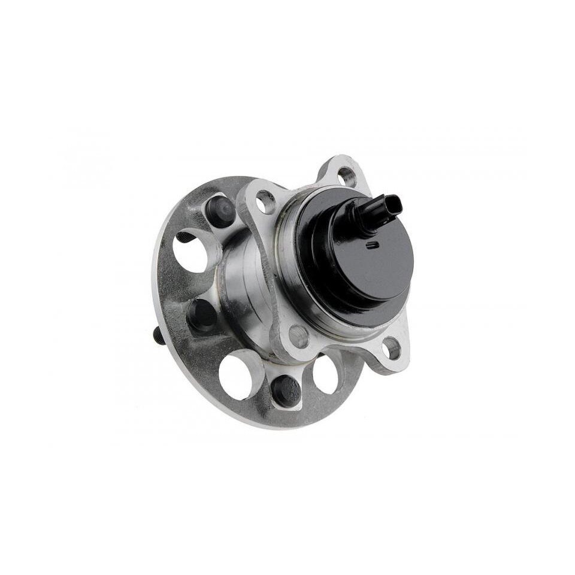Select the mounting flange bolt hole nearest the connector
click(346, 175)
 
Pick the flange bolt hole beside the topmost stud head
click(265, 202)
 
